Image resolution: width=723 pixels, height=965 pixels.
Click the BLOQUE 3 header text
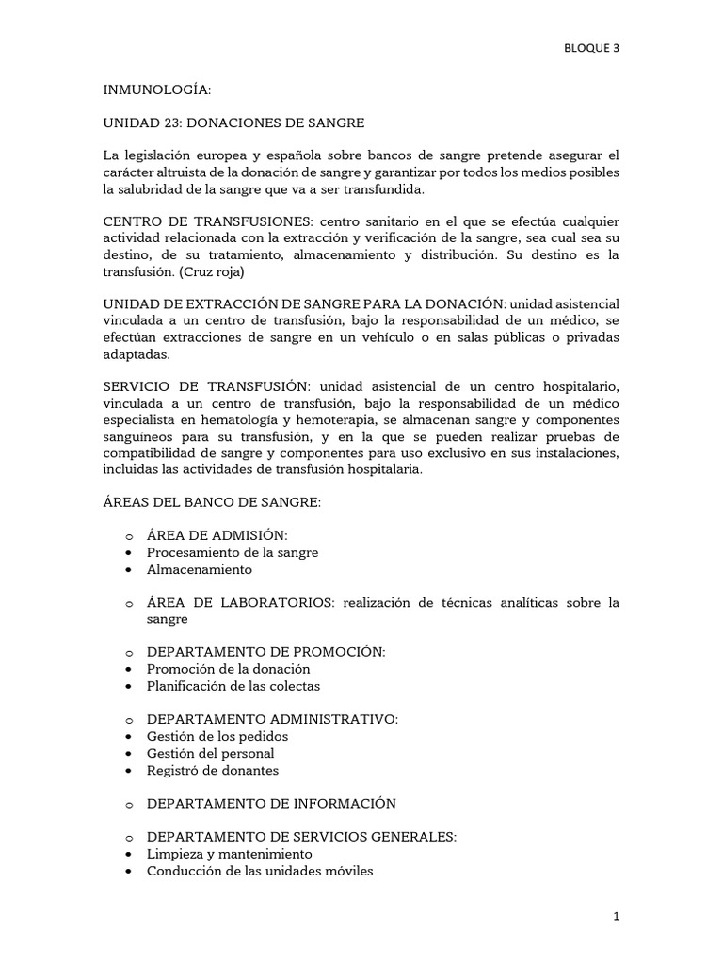click(x=590, y=49)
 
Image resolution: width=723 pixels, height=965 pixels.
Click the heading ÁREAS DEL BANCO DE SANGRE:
click(x=212, y=503)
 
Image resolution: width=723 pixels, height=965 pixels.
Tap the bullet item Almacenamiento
click(x=199, y=569)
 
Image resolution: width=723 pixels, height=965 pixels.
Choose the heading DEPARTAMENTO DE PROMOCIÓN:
click(x=265, y=651)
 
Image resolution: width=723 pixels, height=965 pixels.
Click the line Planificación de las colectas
click(x=233, y=686)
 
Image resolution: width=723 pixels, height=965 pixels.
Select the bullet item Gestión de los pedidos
click(x=217, y=736)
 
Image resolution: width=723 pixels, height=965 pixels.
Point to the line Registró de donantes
click(x=213, y=770)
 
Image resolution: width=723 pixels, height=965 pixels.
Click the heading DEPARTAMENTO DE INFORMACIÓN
click(x=271, y=803)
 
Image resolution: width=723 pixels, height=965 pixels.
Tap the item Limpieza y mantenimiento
click(x=229, y=854)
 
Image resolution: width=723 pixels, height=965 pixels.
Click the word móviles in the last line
click(x=348, y=871)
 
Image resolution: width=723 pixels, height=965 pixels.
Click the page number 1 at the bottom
click(x=616, y=915)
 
